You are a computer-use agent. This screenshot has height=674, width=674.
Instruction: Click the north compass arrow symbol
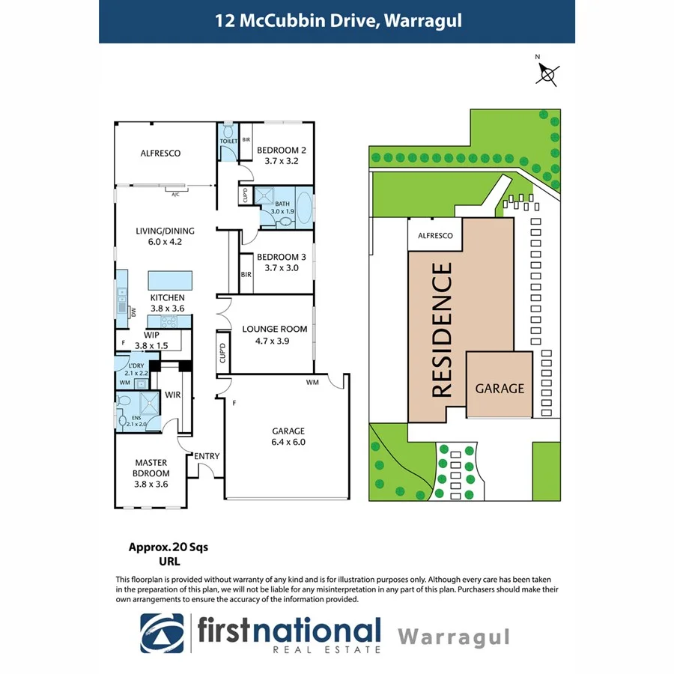[x=548, y=73]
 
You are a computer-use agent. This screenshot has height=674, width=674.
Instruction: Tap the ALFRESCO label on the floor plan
[x=161, y=154]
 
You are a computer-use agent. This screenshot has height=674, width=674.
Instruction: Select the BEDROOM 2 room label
[x=282, y=149]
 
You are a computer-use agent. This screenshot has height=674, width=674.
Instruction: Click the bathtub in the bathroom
[x=305, y=208]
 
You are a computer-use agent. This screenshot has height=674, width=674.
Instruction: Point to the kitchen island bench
[x=168, y=280]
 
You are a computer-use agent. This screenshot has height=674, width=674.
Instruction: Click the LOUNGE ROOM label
[x=275, y=329]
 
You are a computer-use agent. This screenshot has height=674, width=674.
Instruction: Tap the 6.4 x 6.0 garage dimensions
[x=288, y=442]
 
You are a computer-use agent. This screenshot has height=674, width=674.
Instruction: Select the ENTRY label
[x=206, y=456]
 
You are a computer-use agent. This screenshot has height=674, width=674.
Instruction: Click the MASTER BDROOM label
[x=152, y=468]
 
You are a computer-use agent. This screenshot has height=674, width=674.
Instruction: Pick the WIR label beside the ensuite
[x=173, y=393]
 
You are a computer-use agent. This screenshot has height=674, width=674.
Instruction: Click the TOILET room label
[x=228, y=141]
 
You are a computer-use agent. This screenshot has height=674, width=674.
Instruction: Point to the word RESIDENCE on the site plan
[x=442, y=330]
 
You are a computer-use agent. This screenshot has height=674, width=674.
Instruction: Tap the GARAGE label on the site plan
[x=500, y=388]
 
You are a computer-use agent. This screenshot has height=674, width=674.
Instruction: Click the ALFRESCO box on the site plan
[x=435, y=235]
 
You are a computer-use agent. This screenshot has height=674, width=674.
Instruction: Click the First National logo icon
[x=162, y=632]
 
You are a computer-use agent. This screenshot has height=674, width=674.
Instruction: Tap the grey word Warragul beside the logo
[x=453, y=637]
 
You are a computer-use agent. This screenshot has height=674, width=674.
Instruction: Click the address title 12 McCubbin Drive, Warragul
[x=336, y=20]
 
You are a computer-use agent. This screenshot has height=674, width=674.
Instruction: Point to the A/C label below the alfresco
[x=175, y=194]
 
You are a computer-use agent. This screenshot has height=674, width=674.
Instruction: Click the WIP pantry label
[x=152, y=335]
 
